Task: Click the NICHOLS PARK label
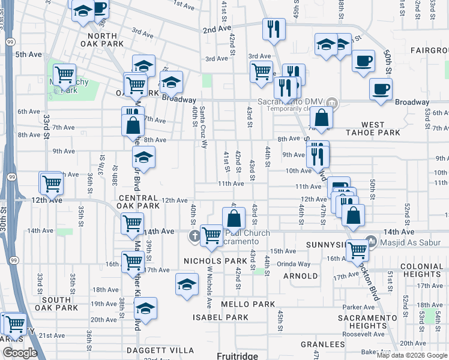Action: point(215,261)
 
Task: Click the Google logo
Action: point(20,353)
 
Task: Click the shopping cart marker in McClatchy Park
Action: point(64,76)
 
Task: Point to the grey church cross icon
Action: point(194,235)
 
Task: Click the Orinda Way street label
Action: point(294,264)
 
